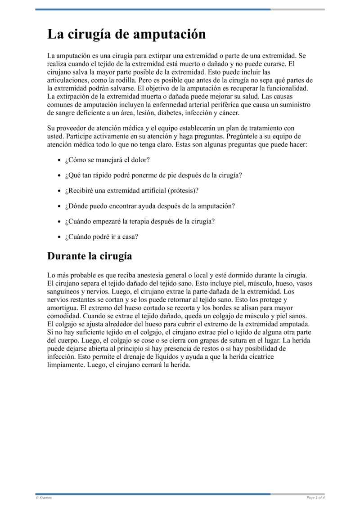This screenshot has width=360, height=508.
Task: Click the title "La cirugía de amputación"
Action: tap(126, 35)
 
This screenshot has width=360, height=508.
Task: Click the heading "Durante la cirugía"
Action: tap(90, 256)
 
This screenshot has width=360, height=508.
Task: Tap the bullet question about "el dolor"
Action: tap(107, 160)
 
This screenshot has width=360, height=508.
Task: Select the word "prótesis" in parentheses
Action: tap(182, 190)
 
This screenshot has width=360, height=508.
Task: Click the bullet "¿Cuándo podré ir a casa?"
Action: tap(101, 236)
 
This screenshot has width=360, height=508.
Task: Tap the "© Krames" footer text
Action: tap(44, 498)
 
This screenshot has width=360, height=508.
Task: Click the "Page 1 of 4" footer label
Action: tap(315, 498)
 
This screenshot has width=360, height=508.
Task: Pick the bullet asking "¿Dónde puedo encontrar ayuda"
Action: tap(150, 206)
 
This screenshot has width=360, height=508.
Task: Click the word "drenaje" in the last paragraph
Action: tap(126, 356)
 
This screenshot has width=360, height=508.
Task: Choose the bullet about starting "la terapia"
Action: tap(139, 221)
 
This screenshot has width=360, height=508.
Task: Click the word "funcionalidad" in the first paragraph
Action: tap(287, 88)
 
